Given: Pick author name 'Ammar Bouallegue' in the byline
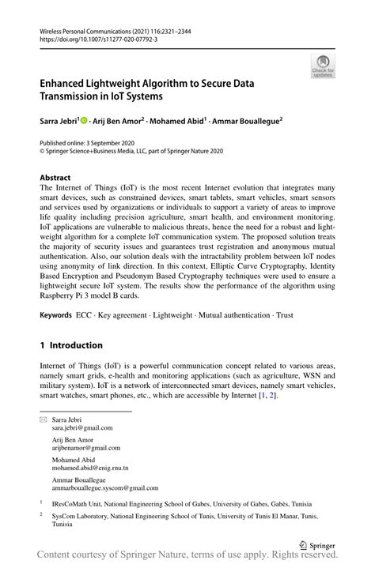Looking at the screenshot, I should click(x=246, y=122).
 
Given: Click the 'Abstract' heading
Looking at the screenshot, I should click(x=55, y=178).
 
